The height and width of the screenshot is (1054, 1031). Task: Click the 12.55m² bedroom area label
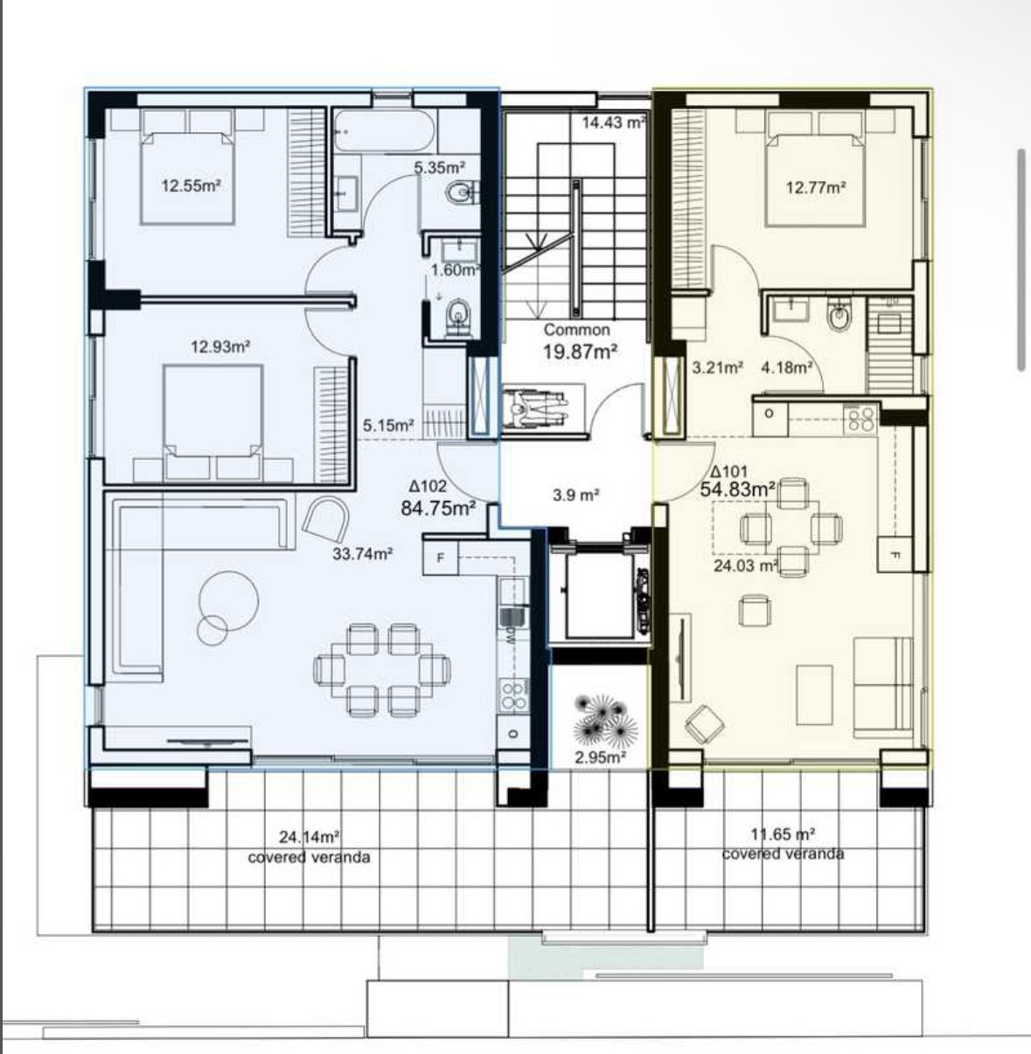click(189, 185)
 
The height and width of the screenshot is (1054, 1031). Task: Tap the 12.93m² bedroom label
click(220, 346)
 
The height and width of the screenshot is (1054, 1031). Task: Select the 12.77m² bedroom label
click(815, 186)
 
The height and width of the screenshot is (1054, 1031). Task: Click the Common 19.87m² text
click(578, 342)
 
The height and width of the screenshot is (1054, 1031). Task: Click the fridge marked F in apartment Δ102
click(440, 557)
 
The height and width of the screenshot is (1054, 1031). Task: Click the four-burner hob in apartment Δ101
click(860, 419)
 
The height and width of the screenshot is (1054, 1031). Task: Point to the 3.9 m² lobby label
click(575, 495)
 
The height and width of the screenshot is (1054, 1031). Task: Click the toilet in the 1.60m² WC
click(458, 317)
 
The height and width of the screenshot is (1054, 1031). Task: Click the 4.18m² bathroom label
click(786, 367)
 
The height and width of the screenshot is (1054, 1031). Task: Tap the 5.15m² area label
click(388, 426)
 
